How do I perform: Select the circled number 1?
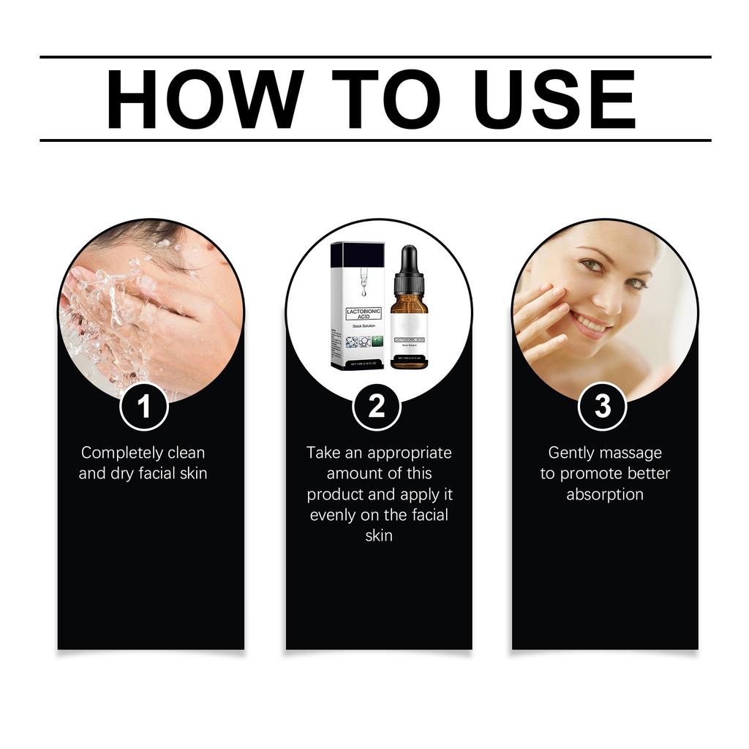coord(144,406)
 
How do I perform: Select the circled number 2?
coord(377,406)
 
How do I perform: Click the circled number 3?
coord(603,406)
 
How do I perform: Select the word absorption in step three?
coord(604,494)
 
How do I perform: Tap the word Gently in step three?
coord(573,453)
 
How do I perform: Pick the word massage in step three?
coord(632,453)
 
